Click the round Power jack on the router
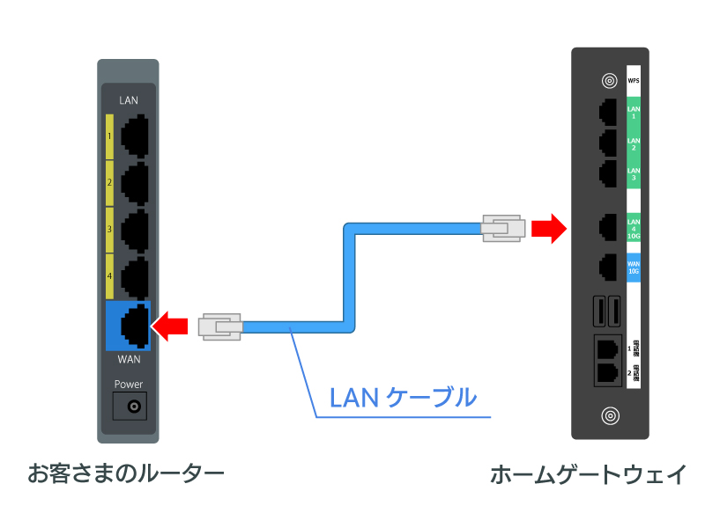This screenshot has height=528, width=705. [x=134, y=407]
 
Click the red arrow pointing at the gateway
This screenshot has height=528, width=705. [x=549, y=230]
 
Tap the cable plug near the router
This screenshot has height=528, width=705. [x=220, y=327]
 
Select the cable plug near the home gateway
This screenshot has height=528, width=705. [x=503, y=230]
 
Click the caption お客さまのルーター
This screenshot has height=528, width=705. [x=126, y=474]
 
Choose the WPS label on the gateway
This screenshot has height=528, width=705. [x=633, y=81]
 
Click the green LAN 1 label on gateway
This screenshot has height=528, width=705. [x=633, y=112]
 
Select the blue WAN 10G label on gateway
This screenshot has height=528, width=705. [x=633, y=267]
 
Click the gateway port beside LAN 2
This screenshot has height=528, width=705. [x=607, y=143]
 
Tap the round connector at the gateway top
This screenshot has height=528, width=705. [x=608, y=81]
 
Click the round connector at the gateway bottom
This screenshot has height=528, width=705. [x=608, y=414]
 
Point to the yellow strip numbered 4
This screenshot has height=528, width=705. [x=109, y=275]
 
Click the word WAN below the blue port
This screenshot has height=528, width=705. [x=129, y=360]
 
